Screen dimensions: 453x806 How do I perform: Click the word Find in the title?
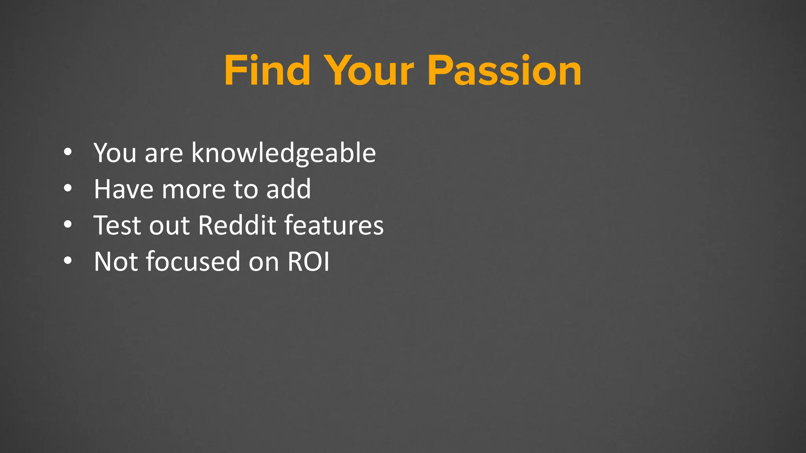267,71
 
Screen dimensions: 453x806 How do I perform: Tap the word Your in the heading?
370,71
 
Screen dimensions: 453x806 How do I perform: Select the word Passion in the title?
504,71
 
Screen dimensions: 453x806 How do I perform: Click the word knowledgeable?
283,153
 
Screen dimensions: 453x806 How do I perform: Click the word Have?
124,189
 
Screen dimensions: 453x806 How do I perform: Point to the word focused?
193,261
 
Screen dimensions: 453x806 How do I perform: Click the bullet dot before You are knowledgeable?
68,152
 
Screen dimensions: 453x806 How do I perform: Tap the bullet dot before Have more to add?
68,188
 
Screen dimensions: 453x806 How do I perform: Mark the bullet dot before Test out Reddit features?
68,225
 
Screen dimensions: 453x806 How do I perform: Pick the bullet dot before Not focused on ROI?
68,261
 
